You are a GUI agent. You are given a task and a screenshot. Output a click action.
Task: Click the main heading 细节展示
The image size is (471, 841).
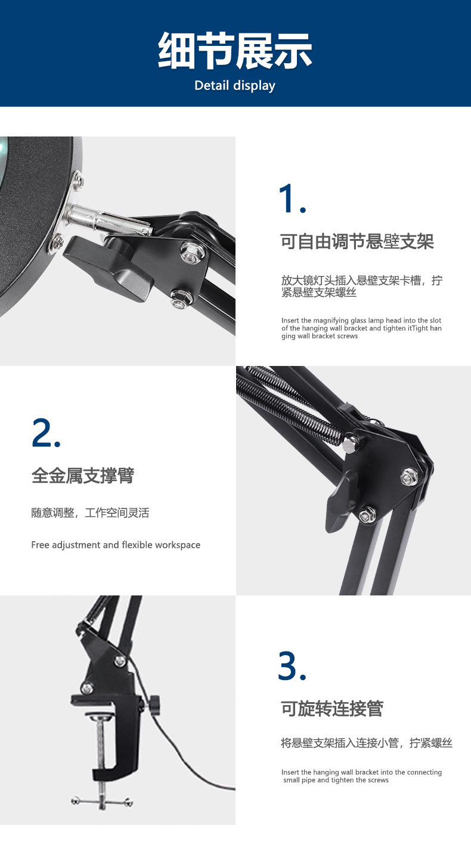[x=235, y=50]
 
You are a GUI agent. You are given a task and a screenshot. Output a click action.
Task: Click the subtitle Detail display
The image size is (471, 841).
[x=235, y=86]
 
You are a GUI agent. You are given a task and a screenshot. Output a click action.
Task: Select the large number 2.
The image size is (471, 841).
[x=46, y=433]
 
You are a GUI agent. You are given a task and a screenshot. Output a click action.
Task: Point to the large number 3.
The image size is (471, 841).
[x=292, y=666]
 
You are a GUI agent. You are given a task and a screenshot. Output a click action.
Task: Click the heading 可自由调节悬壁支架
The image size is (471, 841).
[x=357, y=241]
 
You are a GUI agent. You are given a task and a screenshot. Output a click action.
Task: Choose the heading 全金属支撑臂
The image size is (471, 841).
[x=83, y=476]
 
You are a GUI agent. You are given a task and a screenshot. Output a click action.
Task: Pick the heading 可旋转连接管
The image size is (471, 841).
[x=331, y=709]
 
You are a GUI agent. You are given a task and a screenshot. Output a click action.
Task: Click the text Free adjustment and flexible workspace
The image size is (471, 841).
[x=116, y=545]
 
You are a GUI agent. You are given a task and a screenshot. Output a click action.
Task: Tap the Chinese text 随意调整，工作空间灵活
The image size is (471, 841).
[x=90, y=513]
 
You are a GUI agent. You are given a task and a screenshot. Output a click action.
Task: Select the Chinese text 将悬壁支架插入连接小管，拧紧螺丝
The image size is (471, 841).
[x=366, y=743]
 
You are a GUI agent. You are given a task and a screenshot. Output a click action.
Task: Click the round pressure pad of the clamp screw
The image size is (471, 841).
[x=100, y=715]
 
